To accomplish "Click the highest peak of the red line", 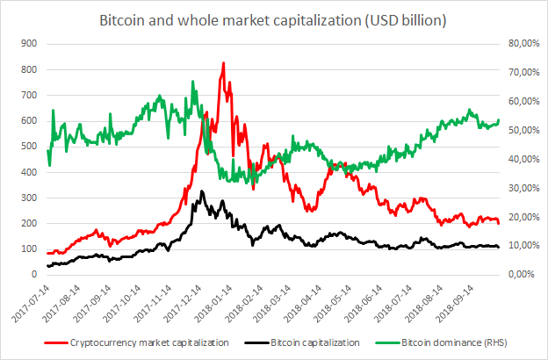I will [223, 62].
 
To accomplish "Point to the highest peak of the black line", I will [201, 191].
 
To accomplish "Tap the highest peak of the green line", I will [192, 82].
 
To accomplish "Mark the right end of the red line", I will [499, 223].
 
